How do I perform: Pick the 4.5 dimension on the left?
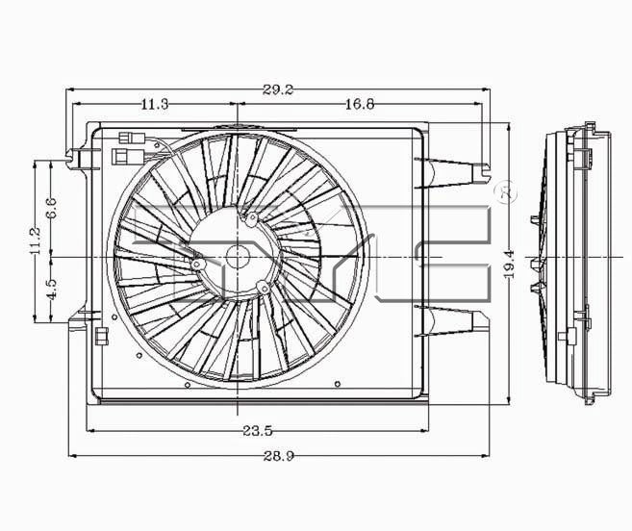(x=53, y=290)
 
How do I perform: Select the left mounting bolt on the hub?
(x=196, y=264)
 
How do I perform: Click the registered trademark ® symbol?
(x=509, y=193)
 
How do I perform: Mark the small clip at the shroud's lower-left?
(x=100, y=335)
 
